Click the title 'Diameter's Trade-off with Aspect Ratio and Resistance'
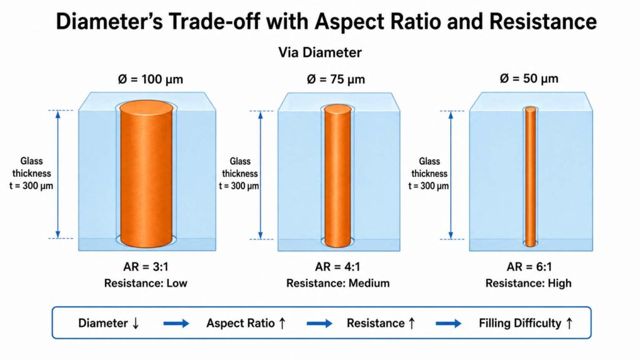(x=326, y=21)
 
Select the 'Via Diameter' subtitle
(x=320, y=52)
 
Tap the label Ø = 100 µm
(x=151, y=79)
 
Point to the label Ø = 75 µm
(x=336, y=79)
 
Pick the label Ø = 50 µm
(x=529, y=78)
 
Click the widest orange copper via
(x=146, y=174)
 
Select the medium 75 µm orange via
(x=337, y=176)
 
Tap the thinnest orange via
(x=530, y=177)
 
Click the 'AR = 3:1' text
(x=146, y=267)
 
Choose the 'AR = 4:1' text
(x=337, y=267)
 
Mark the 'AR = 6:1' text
(x=529, y=267)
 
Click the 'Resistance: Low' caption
(x=146, y=283)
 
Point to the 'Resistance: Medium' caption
(x=338, y=283)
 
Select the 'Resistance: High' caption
(x=529, y=283)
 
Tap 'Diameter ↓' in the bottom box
(x=109, y=323)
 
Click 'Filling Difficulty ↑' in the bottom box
(x=526, y=323)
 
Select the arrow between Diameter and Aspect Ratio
(x=176, y=324)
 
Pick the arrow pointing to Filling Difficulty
(x=449, y=324)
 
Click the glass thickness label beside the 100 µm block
(x=31, y=174)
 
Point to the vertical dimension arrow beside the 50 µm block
(x=451, y=175)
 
